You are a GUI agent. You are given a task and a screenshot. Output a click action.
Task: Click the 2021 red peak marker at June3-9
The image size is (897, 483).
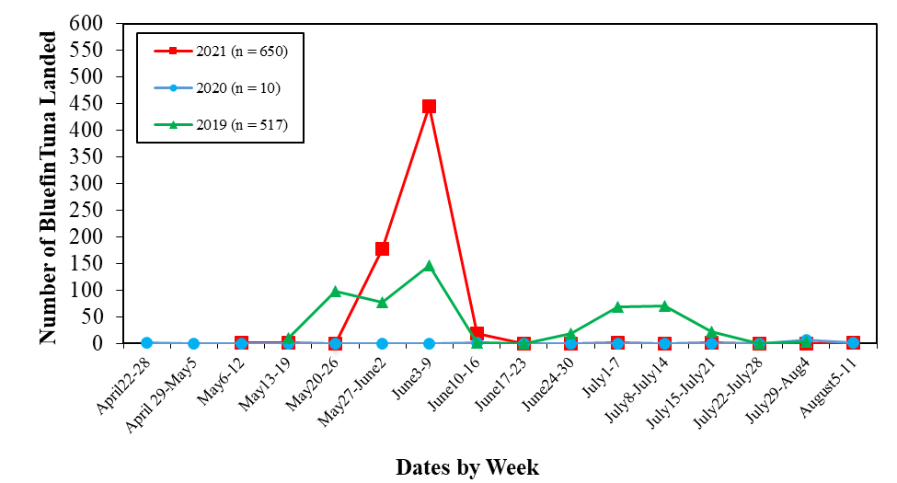click(429, 106)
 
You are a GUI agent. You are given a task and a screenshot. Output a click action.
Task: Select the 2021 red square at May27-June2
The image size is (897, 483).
click(382, 248)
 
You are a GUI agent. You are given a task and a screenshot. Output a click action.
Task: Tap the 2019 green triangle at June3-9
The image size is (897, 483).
click(429, 266)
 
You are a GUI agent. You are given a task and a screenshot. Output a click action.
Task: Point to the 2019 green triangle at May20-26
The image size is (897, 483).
click(335, 292)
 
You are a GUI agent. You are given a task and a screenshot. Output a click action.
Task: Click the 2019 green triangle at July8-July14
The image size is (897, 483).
click(664, 305)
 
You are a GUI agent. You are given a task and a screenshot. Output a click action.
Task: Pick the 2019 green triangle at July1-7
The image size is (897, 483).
click(617, 306)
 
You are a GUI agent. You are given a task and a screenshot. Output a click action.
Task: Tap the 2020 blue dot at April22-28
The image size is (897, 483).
click(146, 342)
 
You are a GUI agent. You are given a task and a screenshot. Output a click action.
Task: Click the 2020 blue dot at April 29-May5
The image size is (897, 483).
click(193, 343)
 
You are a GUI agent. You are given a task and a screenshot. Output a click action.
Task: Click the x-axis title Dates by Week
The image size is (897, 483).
click(467, 466)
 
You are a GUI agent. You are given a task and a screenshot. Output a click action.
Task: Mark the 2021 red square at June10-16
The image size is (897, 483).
click(477, 334)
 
